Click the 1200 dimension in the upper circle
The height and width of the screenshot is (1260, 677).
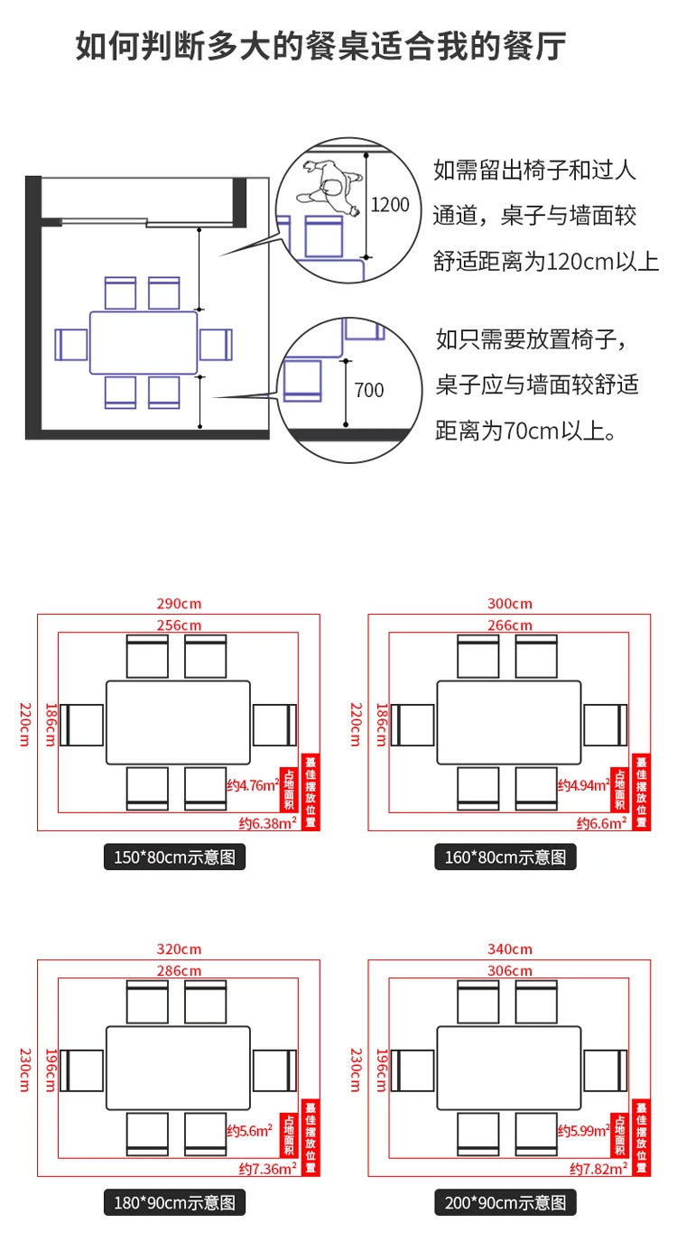[x=390, y=205]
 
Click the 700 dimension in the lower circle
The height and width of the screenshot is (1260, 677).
[x=368, y=390]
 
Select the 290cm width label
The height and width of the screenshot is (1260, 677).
[x=179, y=603]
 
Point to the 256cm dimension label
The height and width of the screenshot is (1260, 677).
[x=179, y=625]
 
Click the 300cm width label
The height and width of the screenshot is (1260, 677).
[x=510, y=603]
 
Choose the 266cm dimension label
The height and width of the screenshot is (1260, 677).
[x=510, y=625]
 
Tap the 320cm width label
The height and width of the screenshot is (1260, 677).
[x=179, y=949]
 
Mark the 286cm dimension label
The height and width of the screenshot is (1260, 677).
[x=179, y=970]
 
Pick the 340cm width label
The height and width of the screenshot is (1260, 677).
[x=510, y=949]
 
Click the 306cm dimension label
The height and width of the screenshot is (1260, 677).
[x=510, y=970]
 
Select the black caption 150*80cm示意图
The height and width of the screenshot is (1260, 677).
[x=175, y=857]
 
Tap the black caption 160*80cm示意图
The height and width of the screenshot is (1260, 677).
[x=505, y=857]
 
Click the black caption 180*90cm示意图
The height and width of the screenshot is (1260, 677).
[x=175, y=1202]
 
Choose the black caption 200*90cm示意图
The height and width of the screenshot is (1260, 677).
[x=505, y=1202]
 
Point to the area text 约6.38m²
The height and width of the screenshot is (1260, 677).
[x=268, y=822]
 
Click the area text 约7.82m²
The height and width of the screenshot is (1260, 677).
[x=598, y=1168]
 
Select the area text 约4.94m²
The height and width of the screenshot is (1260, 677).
[x=582, y=785]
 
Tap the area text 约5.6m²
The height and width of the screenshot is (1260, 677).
[x=250, y=1130]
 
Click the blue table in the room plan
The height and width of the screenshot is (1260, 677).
[x=144, y=343]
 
